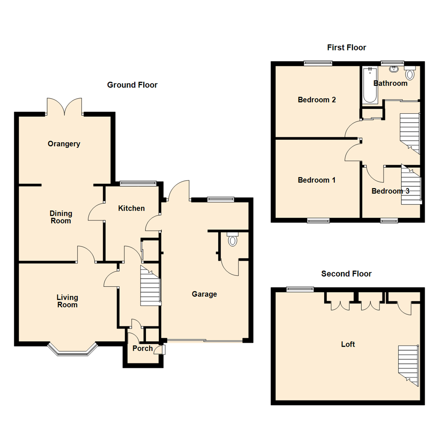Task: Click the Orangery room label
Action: [x=64, y=144]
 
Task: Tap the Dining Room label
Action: [x=61, y=217]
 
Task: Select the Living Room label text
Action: [x=67, y=301]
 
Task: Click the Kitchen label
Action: [x=131, y=209]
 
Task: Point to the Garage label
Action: [x=204, y=294]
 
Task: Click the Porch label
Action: [x=143, y=348]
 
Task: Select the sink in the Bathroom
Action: [x=394, y=69]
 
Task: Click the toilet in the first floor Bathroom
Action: [x=410, y=74]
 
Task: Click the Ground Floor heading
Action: [x=132, y=85]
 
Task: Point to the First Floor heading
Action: [x=346, y=48]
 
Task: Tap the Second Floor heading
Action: [x=346, y=274]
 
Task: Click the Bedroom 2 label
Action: [x=317, y=100]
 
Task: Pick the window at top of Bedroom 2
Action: [x=318, y=63]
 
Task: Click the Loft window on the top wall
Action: [x=300, y=289]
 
